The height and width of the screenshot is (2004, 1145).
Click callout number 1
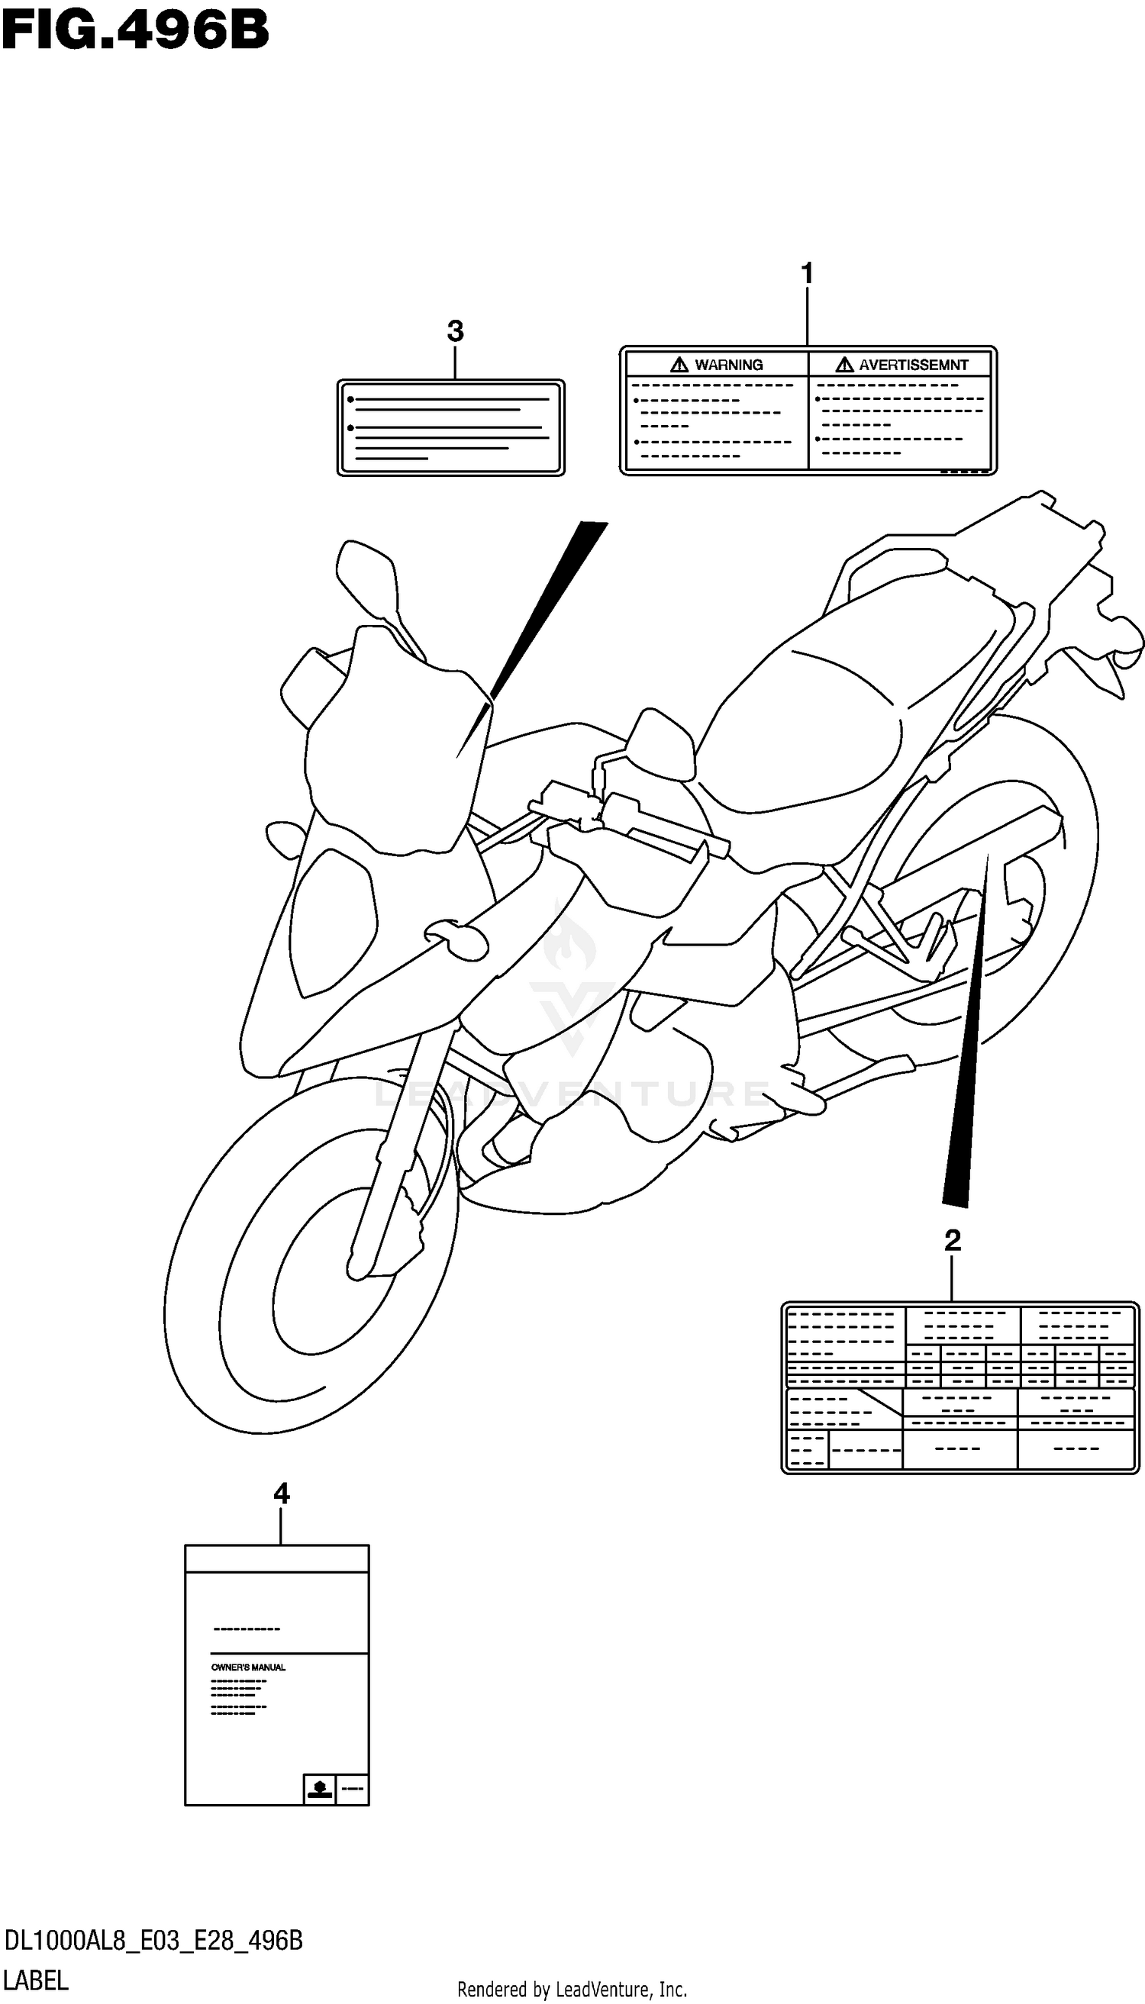[807, 274]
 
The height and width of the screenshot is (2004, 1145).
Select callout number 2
[953, 1241]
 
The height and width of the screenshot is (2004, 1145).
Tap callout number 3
[454, 331]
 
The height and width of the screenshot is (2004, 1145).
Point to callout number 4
[282, 1493]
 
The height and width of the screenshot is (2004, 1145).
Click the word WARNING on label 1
[728, 365]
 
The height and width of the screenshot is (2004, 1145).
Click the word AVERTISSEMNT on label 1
[913, 365]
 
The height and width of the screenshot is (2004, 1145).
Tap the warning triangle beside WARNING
[679, 365]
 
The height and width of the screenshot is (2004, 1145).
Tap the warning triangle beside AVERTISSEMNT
[844, 365]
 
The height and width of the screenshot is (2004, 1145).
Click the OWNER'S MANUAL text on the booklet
[249, 1667]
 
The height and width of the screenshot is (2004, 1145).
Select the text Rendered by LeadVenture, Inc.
[572, 1989]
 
